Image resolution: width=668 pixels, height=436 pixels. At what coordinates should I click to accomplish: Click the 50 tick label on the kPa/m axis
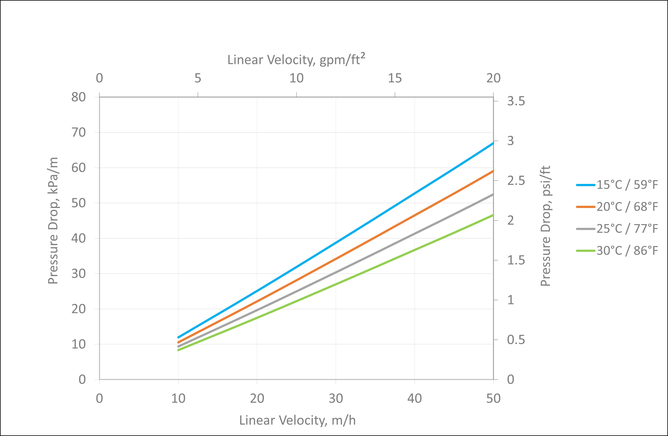[78, 203]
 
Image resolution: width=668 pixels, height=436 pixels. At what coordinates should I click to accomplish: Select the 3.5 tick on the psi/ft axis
[516, 101]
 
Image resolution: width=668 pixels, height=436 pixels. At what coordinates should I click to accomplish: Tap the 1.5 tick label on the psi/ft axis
[516, 260]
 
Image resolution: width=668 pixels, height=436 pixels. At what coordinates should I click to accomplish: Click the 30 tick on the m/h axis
[336, 398]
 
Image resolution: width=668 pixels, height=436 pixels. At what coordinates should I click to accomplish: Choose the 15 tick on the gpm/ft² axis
[395, 78]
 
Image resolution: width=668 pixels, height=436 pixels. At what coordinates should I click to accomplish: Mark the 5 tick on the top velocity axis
[198, 78]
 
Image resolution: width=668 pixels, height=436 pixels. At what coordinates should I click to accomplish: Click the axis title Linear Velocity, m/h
[298, 420]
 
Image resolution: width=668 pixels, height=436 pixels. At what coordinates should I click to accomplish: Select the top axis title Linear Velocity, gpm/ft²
[296, 59]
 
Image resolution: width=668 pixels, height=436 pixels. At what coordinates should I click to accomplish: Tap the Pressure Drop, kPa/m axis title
[53, 221]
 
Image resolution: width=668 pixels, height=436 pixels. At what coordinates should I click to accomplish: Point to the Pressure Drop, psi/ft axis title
[545, 226]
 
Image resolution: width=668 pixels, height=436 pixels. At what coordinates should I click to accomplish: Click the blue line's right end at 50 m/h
[493, 143]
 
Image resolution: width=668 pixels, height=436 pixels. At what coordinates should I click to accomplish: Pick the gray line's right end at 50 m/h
[493, 194]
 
